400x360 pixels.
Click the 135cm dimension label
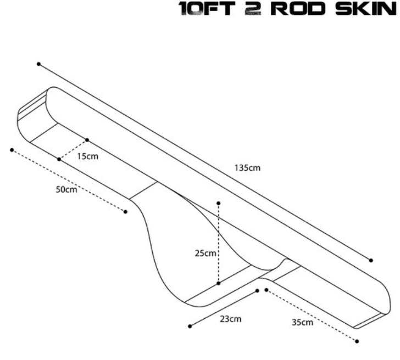tap(247, 168)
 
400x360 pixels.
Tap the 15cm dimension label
tap(88, 156)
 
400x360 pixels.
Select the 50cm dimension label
tap(66, 189)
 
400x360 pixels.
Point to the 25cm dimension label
tap(205, 253)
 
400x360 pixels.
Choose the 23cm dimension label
tap(231, 319)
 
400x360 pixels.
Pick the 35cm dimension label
tap(302, 322)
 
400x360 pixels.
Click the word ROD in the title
tap(298, 8)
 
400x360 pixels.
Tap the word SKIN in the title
tap(366, 8)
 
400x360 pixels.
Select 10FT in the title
tap(207, 8)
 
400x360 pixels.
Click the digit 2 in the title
tap(253, 8)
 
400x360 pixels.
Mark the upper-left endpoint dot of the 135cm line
tap(38, 64)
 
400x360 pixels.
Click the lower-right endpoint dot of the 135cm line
tap(371, 260)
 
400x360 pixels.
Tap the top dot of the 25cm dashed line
tap(218, 203)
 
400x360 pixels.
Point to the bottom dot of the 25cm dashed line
tap(218, 283)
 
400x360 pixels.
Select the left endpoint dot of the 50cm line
tap(12, 150)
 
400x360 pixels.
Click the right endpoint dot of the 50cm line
tap(125, 212)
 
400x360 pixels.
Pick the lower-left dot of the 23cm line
tap(190, 327)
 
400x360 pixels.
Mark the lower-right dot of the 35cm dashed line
tap(357, 341)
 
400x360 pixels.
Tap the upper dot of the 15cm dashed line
tap(87, 140)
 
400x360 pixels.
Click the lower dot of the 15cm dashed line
tap(59, 159)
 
